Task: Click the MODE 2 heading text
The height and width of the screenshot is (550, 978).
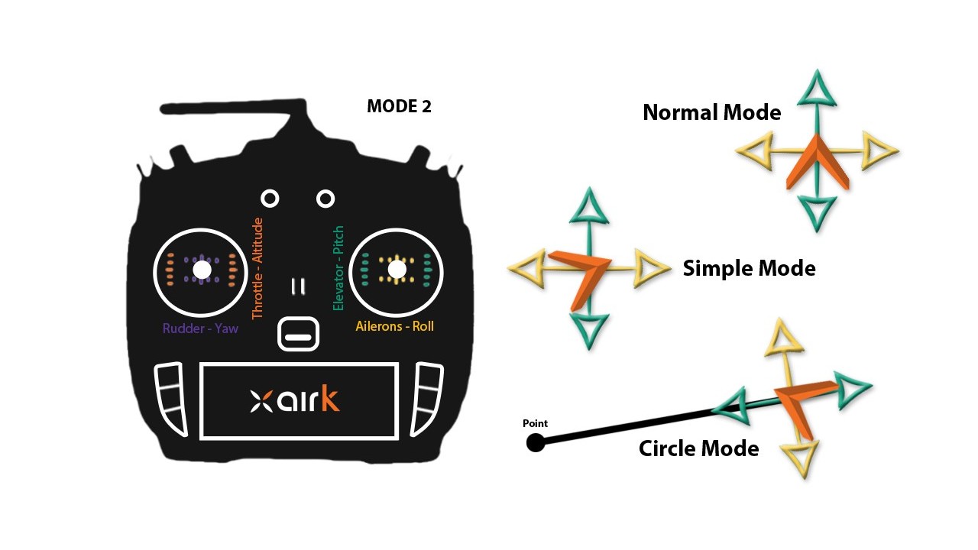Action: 399,106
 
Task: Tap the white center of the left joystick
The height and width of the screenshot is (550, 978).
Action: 202,270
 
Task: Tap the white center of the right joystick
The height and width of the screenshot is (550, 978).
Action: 397,270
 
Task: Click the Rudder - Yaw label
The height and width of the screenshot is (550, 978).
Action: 200,328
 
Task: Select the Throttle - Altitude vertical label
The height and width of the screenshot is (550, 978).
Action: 257,268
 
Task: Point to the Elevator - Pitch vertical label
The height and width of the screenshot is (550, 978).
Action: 338,268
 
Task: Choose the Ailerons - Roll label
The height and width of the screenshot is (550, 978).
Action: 394,326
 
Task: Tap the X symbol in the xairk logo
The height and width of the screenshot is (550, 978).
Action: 261,401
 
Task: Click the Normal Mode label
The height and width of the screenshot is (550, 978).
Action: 711,113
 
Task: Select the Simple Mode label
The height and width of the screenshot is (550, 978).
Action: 749,269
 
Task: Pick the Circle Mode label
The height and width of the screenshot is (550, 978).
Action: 698,448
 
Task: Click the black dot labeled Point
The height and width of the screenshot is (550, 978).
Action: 536,442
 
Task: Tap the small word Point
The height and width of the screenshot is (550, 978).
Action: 535,423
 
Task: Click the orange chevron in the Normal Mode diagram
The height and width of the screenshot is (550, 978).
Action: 817,163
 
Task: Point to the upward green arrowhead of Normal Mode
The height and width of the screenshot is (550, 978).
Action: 817,87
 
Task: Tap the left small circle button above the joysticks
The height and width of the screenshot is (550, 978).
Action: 270,199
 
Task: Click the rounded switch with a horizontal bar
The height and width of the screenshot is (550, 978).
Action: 299,335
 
